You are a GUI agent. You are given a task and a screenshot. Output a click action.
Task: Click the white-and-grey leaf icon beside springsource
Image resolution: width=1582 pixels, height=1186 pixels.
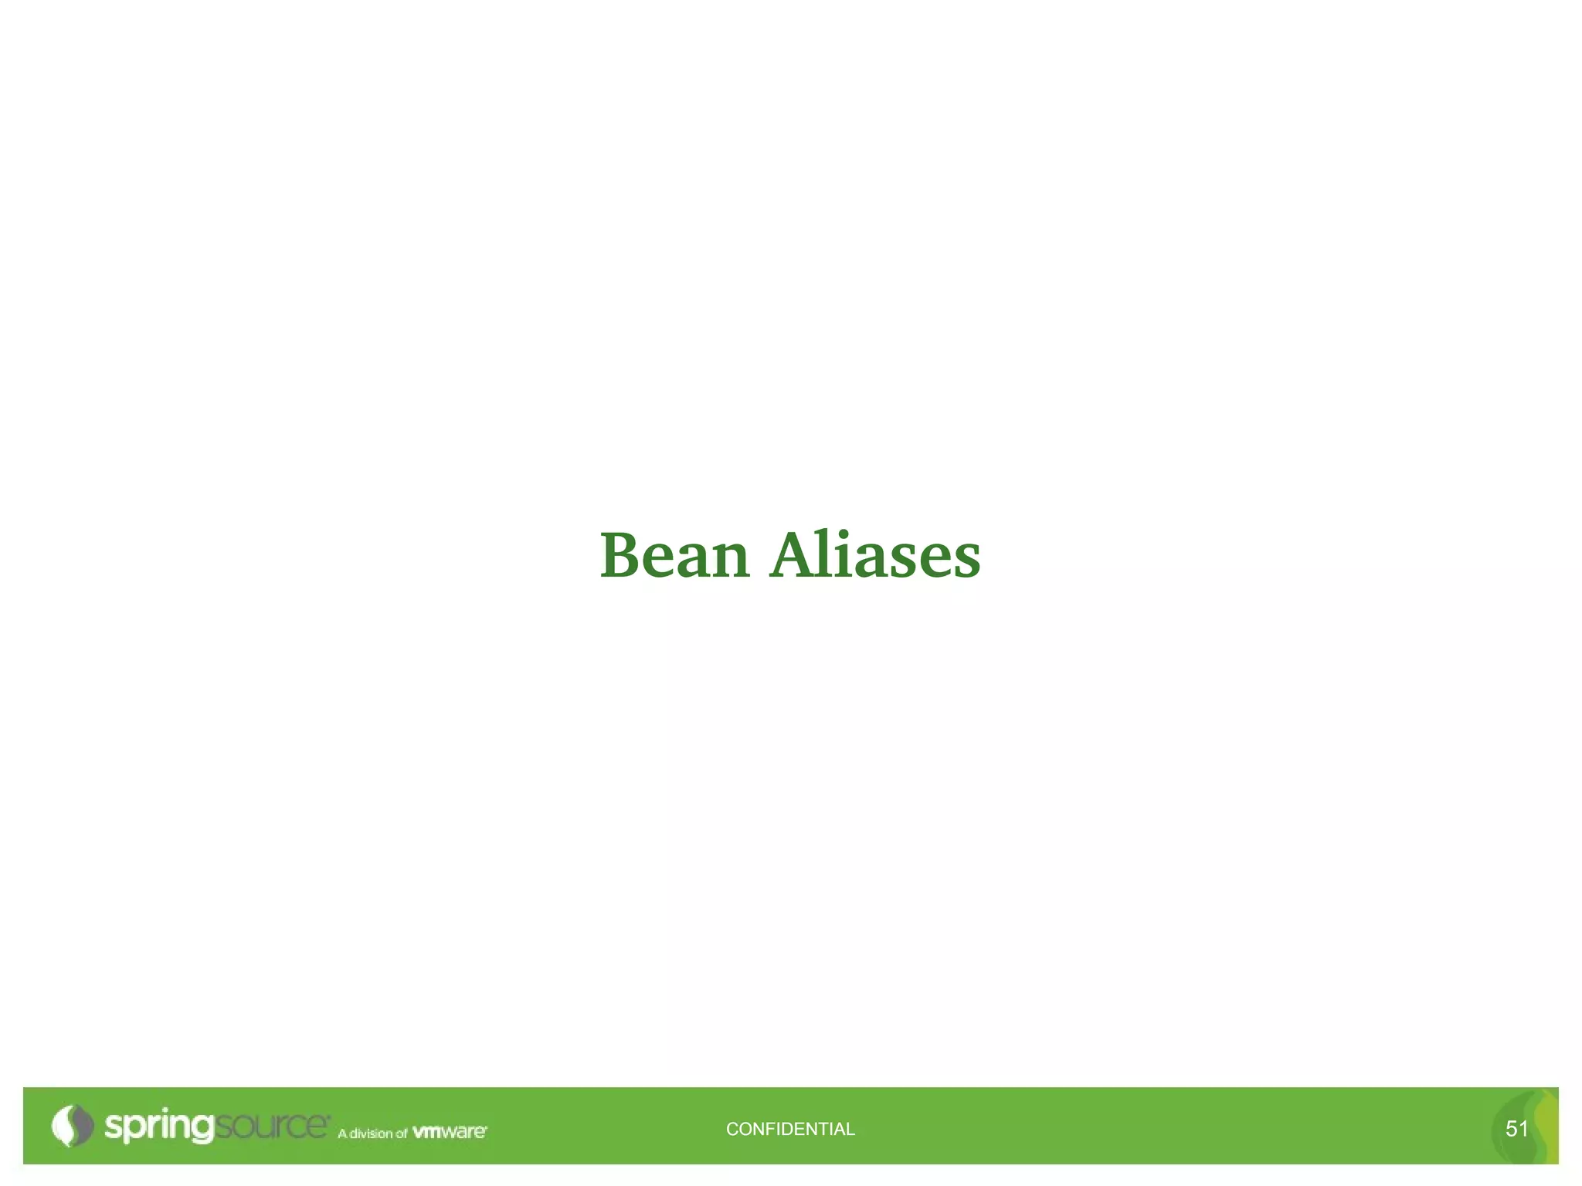pos(72,1126)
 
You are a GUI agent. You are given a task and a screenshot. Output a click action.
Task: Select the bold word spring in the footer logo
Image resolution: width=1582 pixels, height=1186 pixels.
pos(159,1127)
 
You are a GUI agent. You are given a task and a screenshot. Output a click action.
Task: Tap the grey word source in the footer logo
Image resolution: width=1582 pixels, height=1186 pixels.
pos(271,1126)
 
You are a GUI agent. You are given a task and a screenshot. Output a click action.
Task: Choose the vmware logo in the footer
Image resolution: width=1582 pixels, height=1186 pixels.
pos(450,1132)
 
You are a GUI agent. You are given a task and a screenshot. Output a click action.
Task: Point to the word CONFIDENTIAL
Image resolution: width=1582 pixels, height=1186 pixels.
pos(790,1129)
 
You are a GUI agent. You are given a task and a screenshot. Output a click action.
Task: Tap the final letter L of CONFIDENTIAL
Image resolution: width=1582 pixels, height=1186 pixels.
pos(850,1129)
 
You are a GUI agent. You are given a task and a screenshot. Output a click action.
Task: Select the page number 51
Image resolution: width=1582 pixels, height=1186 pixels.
pos(1516,1129)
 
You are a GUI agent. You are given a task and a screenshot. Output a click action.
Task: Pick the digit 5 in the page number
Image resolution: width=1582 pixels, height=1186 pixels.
pos(1511,1129)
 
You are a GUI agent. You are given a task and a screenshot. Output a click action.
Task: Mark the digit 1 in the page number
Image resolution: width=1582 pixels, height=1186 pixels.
pos(1523,1129)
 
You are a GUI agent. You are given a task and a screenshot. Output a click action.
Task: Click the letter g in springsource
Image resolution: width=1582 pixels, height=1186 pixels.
pos(202,1129)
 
